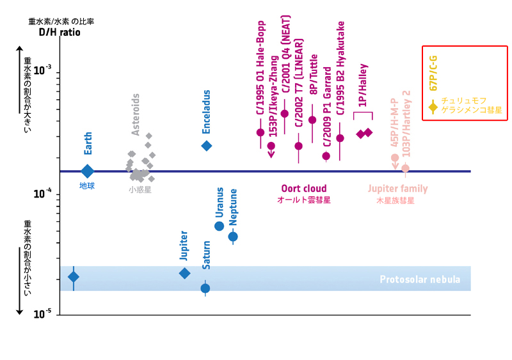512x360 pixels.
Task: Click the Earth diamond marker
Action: point(88,171)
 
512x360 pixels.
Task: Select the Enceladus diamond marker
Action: point(207,146)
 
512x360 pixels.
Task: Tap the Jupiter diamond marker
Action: point(184,273)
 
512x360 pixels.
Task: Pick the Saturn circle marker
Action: point(205,288)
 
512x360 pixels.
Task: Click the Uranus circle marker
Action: point(219,226)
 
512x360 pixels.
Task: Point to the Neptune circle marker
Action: point(233,237)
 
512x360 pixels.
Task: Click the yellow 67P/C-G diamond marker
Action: point(433,107)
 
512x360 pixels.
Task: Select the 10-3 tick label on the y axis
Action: point(42,70)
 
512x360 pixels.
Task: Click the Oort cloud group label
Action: point(304,189)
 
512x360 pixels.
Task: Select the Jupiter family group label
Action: point(397,189)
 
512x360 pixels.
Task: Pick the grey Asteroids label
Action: point(136,114)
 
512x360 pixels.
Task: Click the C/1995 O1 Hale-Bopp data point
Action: point(260,132)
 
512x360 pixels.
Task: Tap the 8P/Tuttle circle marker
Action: point(312,120)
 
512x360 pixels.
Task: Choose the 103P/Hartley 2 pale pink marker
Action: point(405,168)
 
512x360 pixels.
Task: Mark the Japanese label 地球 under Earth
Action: point(87,186)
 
